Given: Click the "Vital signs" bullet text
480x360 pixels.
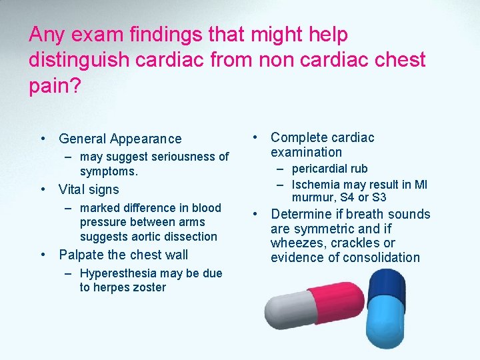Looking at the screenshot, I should click(x=89, y=189).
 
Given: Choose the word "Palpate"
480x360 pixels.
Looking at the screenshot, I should click(x=81, y=255).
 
